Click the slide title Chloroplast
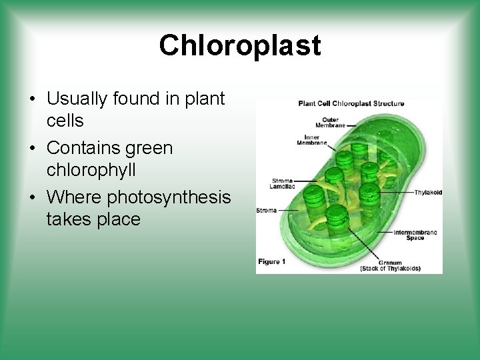pyautogui.click(x=240, y=45)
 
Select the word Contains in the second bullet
pyautogui.click(x=85, y=148)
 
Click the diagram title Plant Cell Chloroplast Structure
pyautogui.click(x=351, y=103)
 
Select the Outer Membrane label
pyautogui.click(x=329, y=122)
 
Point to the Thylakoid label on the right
pyautogui.click(x=427, y=192)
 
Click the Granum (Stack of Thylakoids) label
pyautogui.click(x=390, y=265)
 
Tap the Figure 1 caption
pyautogui.click(x=272, y=262)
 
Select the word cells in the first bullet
pyautogui.click(x=65, y=121)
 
